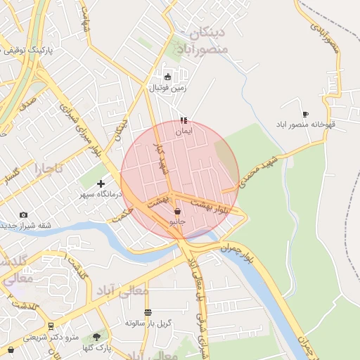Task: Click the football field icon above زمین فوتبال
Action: tap(167, 77)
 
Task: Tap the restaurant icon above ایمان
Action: tap(184, 120)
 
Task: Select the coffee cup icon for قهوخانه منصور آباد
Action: tap(305, 114)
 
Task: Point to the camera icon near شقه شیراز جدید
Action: tap(24, 215)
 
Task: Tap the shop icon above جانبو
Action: tap(176, 211)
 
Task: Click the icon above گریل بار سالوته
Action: tap(148, 312)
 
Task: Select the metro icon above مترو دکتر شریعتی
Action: tap(51, 326)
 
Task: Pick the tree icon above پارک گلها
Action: tap(96, 337)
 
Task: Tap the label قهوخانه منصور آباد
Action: tap(311, 124)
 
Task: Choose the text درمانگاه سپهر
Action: tap(95, 194)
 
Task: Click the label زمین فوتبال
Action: tap(167, 88)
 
